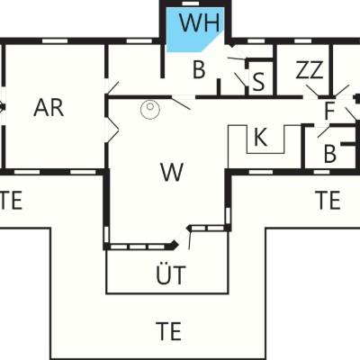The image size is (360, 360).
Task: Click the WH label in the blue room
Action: point(199,22)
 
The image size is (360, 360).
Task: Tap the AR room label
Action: point(49,108)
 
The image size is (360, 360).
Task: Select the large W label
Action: point(172,172)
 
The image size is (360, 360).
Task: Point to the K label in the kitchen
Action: point(260,137)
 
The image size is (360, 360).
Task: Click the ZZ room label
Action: point(310,69)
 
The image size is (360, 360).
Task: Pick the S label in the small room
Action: point(258,82)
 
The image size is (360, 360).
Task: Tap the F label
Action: point(329,111)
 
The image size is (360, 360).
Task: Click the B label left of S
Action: point(199,69)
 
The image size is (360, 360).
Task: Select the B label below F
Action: point(330,154)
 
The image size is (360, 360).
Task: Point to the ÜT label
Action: point(171,274)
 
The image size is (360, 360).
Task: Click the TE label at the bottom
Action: point(168,330)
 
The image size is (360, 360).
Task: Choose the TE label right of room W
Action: point(328,200)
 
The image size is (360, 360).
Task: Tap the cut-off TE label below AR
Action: point(11,200)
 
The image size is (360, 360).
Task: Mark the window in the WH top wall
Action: point(191,4)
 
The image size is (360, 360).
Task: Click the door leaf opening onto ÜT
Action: point(190,240)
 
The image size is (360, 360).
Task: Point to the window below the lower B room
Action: point(321,172)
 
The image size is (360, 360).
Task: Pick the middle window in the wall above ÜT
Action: point(138,247)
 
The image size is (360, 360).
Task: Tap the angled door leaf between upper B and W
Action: point(181,103)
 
